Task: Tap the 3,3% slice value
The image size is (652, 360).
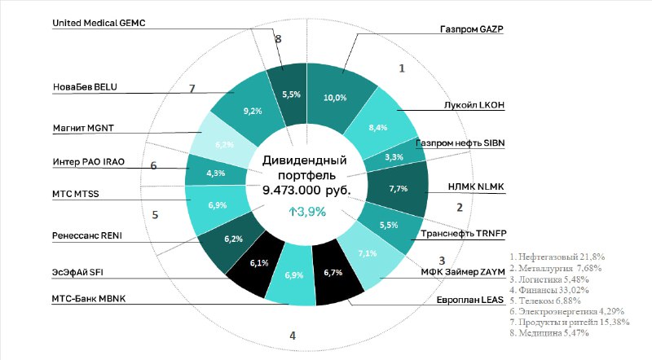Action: (394, 156)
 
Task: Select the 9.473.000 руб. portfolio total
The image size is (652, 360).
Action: (306, 190)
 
